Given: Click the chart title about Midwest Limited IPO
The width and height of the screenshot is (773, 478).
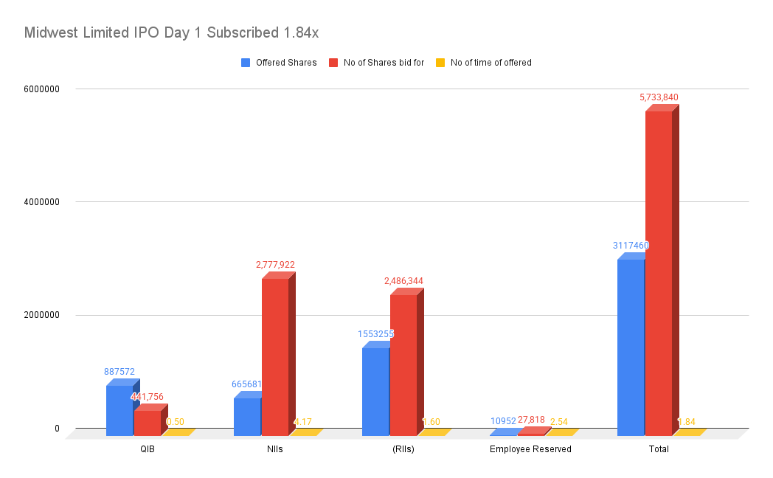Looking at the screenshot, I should (171, 32).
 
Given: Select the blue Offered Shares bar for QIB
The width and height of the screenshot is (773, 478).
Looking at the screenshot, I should (119, 410).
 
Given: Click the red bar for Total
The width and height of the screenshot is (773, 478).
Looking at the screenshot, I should (659, 273).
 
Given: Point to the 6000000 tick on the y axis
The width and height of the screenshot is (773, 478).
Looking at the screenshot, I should (41, 89).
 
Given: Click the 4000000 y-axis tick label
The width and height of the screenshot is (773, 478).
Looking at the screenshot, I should (41, 202).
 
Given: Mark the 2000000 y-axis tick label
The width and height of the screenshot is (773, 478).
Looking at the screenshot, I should (41, 315).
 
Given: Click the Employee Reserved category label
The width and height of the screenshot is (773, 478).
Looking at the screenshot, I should (530, 449).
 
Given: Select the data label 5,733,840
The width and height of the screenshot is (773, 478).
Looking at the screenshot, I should (659, 97).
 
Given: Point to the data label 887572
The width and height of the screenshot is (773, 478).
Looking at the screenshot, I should (119, 372).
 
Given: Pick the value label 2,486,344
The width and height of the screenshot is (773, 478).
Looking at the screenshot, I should (403, 281).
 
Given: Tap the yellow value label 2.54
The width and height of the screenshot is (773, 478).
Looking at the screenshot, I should (558, 422).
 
